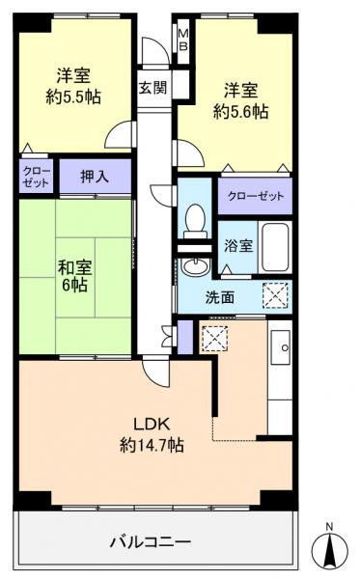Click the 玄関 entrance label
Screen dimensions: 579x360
(x=152, y=88)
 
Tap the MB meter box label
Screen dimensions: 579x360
(x=182, y=41)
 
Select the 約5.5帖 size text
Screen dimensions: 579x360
(x=74, y=96)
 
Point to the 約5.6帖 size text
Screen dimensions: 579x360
(x=239, y=112)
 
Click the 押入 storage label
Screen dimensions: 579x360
(x=94, y=177)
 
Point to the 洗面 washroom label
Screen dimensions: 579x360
(x=218, y=297)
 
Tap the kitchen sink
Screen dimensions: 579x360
(x=284, y=344)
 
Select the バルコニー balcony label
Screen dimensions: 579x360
(x=151, y=540)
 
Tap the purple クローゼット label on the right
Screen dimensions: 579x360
(x=256, y=196)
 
